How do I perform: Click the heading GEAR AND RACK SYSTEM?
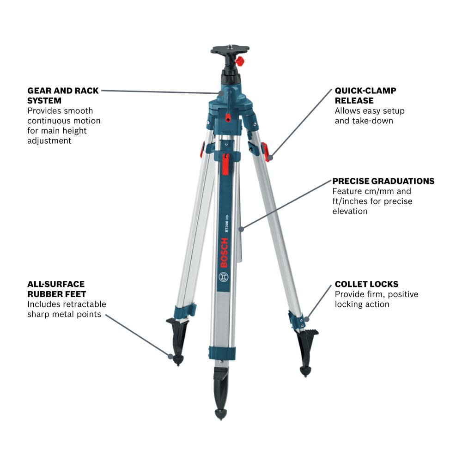[63, 95]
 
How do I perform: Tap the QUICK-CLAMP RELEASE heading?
[365, 95]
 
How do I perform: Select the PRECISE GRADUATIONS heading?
[383, 181]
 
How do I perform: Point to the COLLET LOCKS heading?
[366, 284]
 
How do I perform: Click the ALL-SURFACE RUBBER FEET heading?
[56, 289]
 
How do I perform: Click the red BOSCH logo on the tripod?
[225, 253]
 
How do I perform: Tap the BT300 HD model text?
[227, 224]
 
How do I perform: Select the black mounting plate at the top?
[230, 49]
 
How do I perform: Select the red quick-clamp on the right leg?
[265, 152]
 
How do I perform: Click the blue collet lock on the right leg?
[296, 320]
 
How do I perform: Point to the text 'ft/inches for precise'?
[372, 201]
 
